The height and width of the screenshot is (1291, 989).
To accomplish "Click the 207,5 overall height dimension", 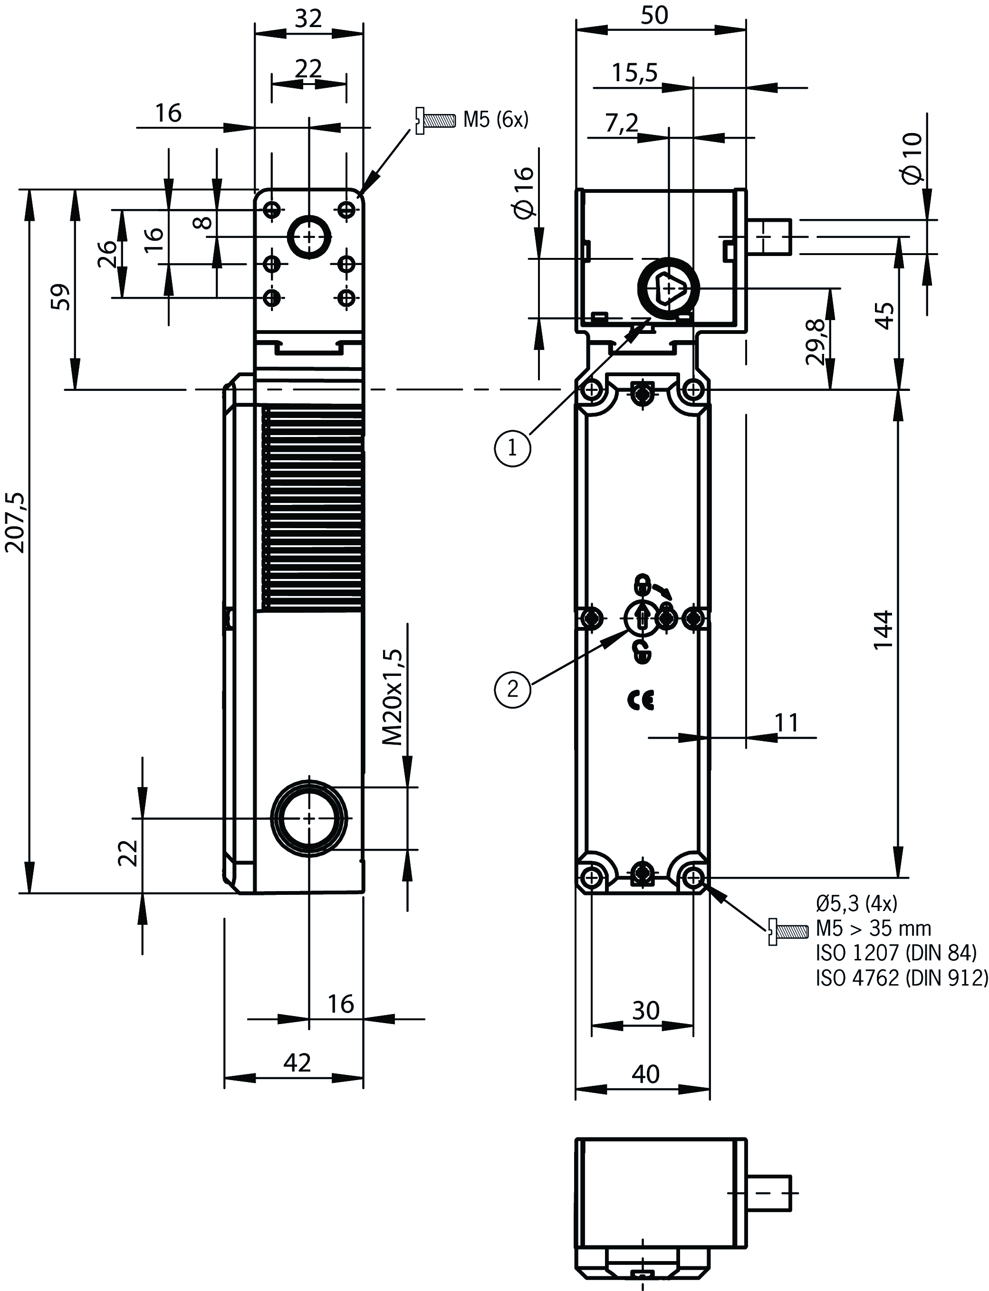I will tap(15, 522).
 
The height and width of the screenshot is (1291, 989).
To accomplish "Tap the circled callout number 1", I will tap(512, 448).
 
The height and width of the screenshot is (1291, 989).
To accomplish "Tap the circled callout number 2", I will tap(512, 688).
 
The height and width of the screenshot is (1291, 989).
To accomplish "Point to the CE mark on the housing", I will tap(641, 700).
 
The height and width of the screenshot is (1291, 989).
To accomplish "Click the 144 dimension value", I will tap(883, 630).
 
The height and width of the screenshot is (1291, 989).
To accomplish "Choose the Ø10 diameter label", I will tap(913, 158).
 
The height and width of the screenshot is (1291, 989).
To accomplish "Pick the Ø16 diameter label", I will tap(524, 193).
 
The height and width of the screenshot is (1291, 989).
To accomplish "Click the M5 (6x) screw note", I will tap(496, 120).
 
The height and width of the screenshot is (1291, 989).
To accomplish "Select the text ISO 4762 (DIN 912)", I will tap(901, 978).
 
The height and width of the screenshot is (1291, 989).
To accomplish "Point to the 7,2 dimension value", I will tap(622, 123).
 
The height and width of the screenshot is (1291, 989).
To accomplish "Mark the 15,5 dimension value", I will tap(634, 73).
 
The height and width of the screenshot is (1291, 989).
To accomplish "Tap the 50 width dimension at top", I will tap(654, 16).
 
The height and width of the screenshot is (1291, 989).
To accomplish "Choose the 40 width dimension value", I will tap(645, 1074).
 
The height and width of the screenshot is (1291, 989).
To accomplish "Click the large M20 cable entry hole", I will tap(309, 818).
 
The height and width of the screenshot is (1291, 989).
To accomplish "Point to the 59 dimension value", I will tap(62, 297).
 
